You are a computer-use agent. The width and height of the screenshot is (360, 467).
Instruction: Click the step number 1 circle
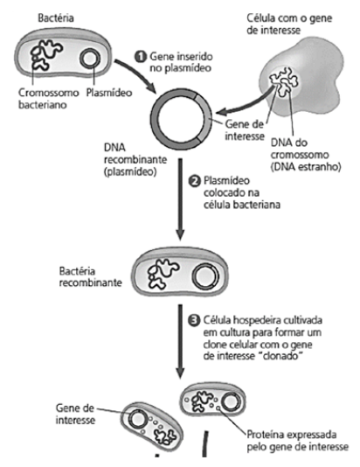click(x=141, y=57)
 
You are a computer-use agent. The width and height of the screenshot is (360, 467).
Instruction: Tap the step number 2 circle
click(x=195, y=181)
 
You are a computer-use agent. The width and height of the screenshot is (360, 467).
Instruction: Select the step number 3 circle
click(x=194, y=320)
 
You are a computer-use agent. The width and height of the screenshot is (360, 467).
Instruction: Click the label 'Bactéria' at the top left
click(x=56, y=17)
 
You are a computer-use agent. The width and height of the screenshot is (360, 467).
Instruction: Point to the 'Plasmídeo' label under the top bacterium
click(x=109, y=93)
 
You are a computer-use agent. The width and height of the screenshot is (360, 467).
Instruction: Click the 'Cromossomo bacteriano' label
click(x=49, y=99)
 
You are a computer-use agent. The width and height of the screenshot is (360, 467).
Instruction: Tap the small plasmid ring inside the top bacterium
click(x=90, y=58)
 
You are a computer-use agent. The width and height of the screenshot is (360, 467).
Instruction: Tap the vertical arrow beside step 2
click(x=180, y=199)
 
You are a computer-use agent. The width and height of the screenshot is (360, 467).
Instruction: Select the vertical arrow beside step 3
click(x=180, y=341)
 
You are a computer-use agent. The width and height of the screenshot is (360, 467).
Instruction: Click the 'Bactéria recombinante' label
click(x=91, y=276)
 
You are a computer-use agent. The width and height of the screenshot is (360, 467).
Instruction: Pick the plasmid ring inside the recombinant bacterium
click(x=205, y=276)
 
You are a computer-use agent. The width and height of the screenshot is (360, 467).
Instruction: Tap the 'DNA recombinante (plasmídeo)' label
click(x=135, y=160)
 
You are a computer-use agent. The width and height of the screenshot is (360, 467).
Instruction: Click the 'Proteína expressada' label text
click(x=292, y=435)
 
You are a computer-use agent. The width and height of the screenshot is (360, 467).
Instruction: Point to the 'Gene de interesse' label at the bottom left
click(x=75, y=414)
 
